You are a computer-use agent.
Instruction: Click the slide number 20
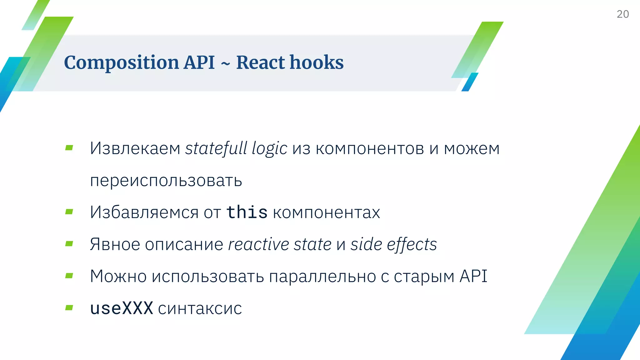622,14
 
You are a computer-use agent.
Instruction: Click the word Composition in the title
121,63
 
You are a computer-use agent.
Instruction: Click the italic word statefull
216,148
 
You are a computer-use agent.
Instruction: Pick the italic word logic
269,149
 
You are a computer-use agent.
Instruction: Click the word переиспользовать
166,181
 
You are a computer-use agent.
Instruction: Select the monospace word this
247,212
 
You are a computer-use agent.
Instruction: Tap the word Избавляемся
144,212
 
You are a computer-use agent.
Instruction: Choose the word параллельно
322,277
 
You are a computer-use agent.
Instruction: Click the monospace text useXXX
122,308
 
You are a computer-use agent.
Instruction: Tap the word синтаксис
200,309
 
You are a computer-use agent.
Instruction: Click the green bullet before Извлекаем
69,148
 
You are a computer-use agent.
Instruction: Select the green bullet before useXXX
69,308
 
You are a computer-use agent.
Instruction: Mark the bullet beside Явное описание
69,244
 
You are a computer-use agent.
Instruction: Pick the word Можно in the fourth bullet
118,277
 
